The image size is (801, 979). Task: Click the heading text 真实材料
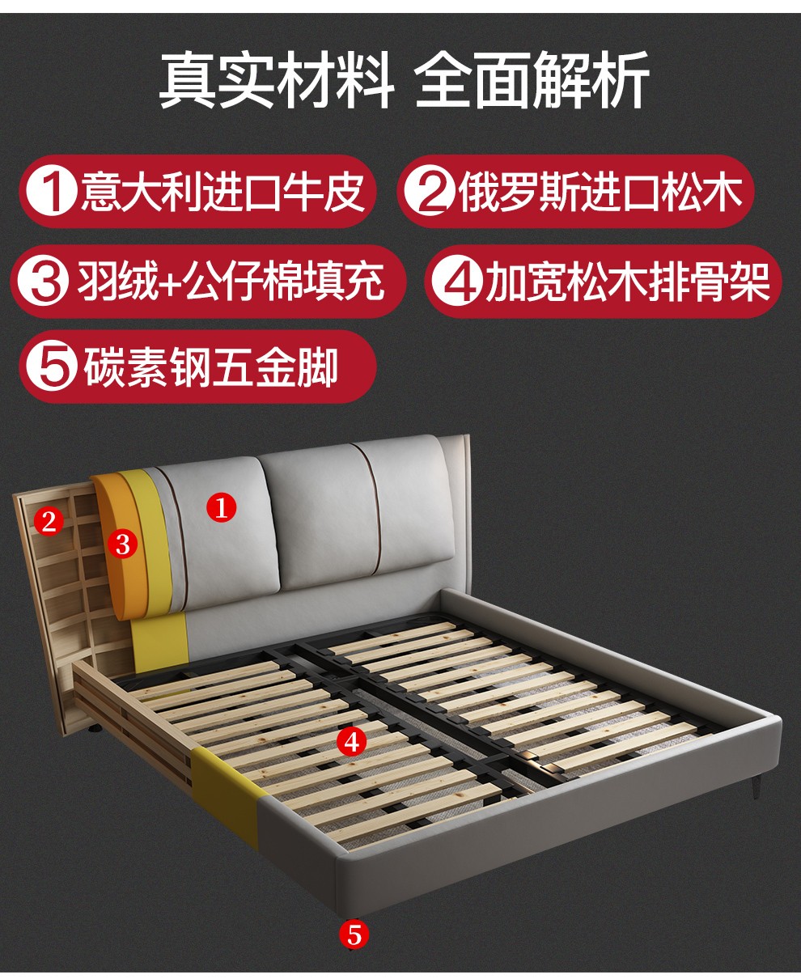277,80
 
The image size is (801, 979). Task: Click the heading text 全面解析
532,80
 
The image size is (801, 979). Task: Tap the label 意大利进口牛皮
222,191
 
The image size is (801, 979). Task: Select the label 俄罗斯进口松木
601,191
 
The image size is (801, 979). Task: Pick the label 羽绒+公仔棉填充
231,282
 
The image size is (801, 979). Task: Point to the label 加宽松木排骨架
628,282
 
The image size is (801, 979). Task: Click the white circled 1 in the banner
52,192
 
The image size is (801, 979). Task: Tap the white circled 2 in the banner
428,192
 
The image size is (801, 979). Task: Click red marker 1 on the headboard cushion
222,506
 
